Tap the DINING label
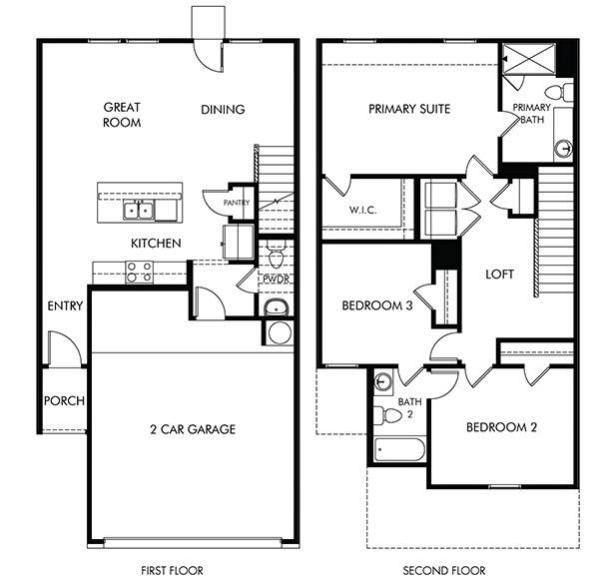223,110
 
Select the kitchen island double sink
140,209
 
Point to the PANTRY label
237,202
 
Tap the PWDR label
276,279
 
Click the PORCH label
64,401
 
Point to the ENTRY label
64,305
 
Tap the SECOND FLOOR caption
444,570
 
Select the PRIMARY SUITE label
409,109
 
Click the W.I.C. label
361,211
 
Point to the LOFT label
499,274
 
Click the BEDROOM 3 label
377,306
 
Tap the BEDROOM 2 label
502,427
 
